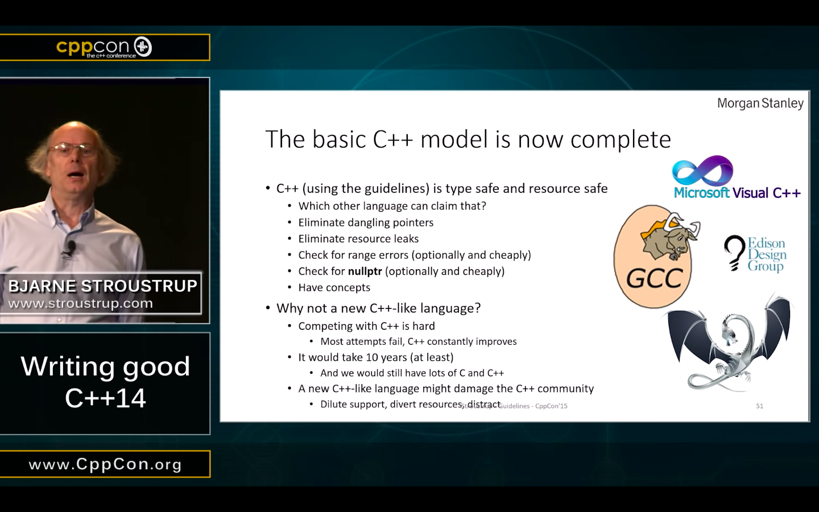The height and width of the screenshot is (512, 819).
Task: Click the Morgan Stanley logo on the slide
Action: click(x=760, y=104)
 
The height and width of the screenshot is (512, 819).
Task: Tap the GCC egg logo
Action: click(x=653, y=257)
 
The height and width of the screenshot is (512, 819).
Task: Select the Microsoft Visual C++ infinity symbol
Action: click(x=702, y=171)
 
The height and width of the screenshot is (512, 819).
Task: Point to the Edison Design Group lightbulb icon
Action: click(x=735, y=253)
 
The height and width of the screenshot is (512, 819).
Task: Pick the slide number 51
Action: click(x=759, y=406)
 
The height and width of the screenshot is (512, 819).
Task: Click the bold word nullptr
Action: click(x=365, y=271)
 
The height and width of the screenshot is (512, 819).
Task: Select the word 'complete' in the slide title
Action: click(x=621, y=139)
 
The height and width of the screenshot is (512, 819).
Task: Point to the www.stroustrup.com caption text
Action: click(x=80, y=303)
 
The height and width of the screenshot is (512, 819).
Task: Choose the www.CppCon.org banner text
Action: click(x=105, y=464)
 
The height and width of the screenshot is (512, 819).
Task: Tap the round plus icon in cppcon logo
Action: click(x=143, y=47)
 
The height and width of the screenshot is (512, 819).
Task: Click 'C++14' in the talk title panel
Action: click(x=105, y=398)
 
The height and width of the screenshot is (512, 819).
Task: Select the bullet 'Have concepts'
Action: click(x=334, y=287)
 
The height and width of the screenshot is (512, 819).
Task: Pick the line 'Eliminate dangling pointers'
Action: click(x=366, y=222)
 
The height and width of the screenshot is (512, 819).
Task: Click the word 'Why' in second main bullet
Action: click(x=289, y=308)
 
